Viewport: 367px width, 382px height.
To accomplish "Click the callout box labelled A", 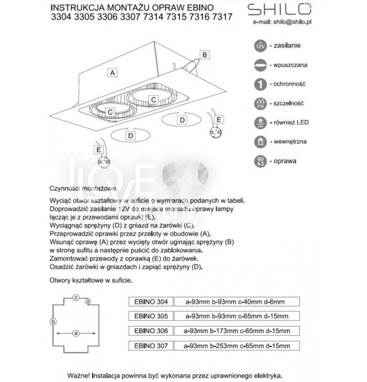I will (113, 73).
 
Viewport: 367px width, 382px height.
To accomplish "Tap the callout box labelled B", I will (205, 55).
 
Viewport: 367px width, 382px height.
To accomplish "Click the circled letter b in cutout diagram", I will (53, 322).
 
